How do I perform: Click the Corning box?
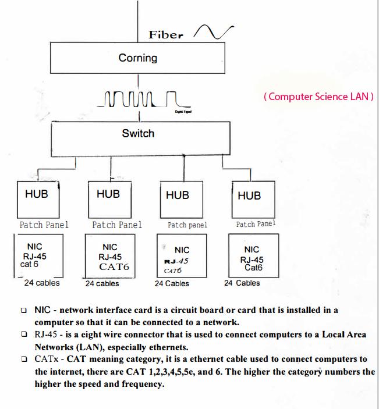tap(137, 58)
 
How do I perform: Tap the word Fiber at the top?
tap(165, 34)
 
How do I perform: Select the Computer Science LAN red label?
tap(318, 97)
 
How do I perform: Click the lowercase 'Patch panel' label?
tap(187, 225)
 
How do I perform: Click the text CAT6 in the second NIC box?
tap(114, 268)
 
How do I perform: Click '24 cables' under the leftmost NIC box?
tap(41, 283)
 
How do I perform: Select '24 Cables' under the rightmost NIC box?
tap(242, 283)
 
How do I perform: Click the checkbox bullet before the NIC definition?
tap(23, 311)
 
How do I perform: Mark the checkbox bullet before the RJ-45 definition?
tap(23, 335)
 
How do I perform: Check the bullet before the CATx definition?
tap(23, 359)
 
